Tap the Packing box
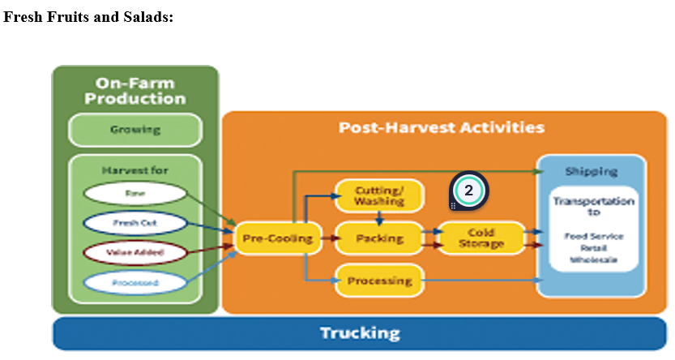click(379, 238)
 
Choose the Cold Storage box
click(481, 238)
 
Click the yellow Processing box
click(379, 281)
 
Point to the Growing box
click(135, 130)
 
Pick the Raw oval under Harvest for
click(135, 194)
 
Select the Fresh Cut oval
click(135, 223)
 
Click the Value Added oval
click(135, 253)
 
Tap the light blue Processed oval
click(135, 282)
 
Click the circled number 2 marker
click(468, 191)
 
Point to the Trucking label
click(360, 333)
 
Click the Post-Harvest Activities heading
click(442, 128)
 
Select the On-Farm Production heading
click(135, 90)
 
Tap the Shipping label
click(591, 171)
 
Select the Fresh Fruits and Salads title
click(88, 17)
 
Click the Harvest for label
click(135, 170)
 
